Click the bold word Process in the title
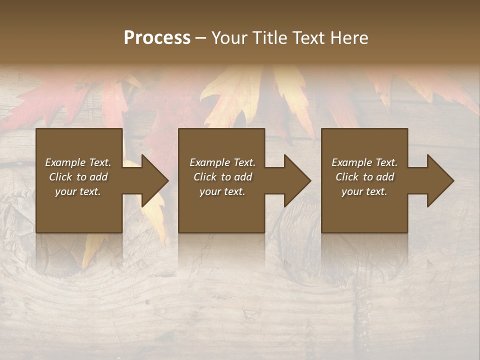point(157,37)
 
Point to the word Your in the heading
point(228,37)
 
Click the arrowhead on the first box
point(154,180)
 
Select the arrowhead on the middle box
point(296,180)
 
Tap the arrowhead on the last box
point(439,180)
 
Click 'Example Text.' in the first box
point(78,162)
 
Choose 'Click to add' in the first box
point(78,177)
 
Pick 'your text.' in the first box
point(78,191)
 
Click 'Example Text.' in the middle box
point(222,162)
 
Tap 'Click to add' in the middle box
point(222,177)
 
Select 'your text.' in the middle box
point(222,191)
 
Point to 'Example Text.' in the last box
point(364,162)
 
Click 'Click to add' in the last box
point(364,177)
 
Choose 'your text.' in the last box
point(364,191)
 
